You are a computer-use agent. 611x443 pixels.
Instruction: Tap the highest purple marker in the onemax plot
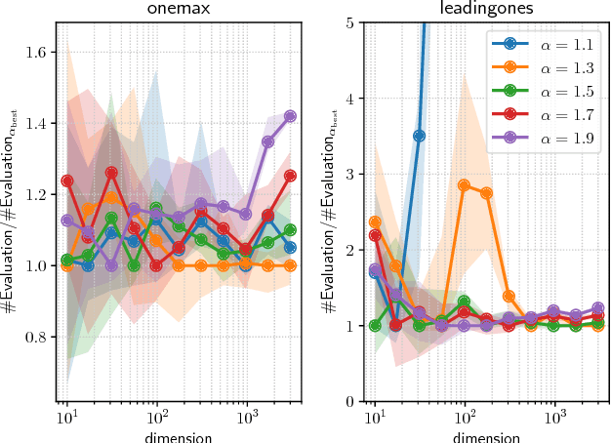click(x=290, y=116)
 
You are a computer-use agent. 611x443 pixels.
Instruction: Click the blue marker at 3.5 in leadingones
click(x=419, y=136)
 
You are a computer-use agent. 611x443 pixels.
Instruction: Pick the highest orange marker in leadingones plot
click(x=465, y=185)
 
